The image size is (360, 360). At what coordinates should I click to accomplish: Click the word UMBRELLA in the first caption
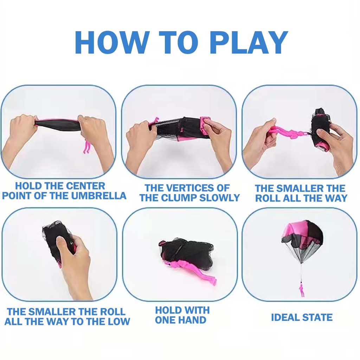[x=99, y=195]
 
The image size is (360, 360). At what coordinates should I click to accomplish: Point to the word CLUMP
[x=179, y=198]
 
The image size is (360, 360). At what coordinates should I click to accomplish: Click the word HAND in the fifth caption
[x=193, y=320]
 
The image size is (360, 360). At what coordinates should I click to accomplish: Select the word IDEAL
[x=285, y=317]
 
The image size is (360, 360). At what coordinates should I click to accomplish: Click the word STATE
[x=317, y=317]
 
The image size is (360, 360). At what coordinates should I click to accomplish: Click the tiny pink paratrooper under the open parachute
[x=301, y=290]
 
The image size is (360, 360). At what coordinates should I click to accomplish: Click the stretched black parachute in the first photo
[x=57, y=125]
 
